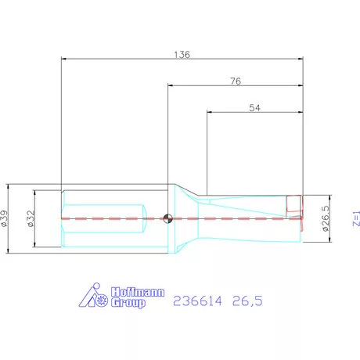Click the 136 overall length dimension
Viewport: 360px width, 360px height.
[x=182, y=55]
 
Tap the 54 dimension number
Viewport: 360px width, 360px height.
[x=254, y=109]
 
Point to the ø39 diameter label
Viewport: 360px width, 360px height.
[x=5, y=219]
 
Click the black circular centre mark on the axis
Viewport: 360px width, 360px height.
[x=167, y=218]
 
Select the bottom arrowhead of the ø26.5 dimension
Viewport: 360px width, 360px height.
[x=324, y=241]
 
